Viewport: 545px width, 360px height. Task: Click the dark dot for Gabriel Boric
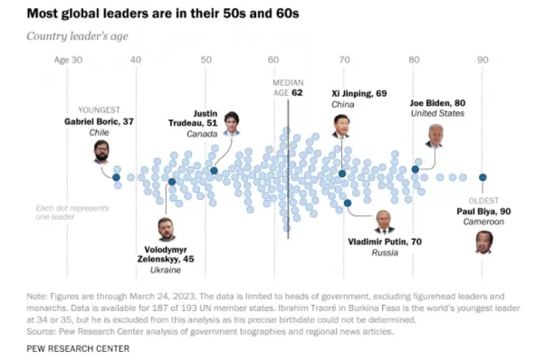pyautogui.click(x=116, y=177)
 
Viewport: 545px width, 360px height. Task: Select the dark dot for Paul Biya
pyautogui.click(x=483, y=177)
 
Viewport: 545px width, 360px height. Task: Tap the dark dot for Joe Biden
pyautogui.click(x=415, y=169)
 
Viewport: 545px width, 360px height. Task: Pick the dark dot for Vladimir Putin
pyautogui.click(x=348, y=203)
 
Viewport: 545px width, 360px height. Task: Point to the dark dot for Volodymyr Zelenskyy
pyautogui.click(x=172, y=182)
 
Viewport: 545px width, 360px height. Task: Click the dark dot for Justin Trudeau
pyautogui.click(x=214, y=170)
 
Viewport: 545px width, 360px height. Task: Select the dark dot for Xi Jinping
pyautogui.click(x=342, y=174)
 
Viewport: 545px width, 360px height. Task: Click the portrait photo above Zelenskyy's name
pyautogui.click(x=167, y=229)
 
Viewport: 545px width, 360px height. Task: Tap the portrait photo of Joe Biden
pyautogui.click(x=435, y=136)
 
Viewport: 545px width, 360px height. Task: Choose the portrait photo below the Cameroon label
pyautogui.click(x=483, y=242)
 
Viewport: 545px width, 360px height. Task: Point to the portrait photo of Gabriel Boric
pyautogui.click(x=101, y=152)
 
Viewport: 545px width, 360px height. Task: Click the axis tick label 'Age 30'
pyautogui.click(x=68, y=60)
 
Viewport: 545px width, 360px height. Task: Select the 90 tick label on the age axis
pyautogui.click(x=483, y=60)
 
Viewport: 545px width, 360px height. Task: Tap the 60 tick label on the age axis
pyautogui.click(x=273, y=60)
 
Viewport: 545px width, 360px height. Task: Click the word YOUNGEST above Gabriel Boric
pyautogui.click(x=99, y=110)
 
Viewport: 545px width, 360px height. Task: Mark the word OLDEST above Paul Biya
pyautogui.click(x=483, y=201)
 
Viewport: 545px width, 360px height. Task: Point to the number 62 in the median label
pyautogui.click(x=297, y=92)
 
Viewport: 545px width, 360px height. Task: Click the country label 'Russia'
pyautogui.click(x=385, y=252)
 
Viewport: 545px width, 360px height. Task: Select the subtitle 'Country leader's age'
pyautogui.click(x=78, y=36)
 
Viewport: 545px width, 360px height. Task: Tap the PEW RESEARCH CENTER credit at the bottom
pyautogui.click(x=78, y=348)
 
